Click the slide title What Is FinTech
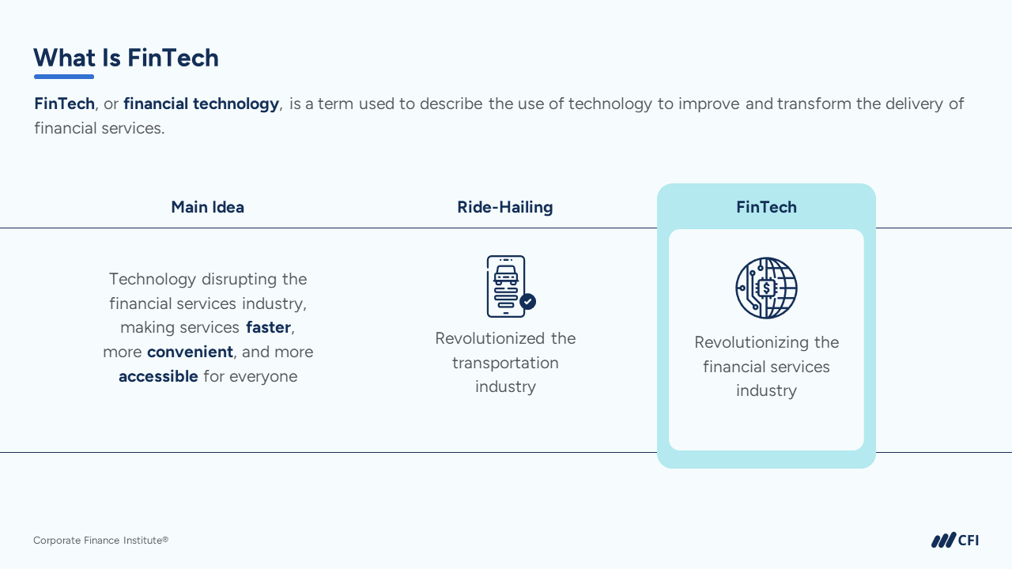coord(126,58)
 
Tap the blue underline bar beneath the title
coord(64,77)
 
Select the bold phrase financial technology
coord(201,104)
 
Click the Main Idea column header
coord(207,207)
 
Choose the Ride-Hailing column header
coord(505,207)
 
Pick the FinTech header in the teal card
coord(766,207)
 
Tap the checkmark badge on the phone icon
coord(527,301)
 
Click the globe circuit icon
coord(766,288)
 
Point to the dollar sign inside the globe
coord(766,288)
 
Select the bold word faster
coord(268,327)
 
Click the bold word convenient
coord(190,352)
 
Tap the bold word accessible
coord(158,376)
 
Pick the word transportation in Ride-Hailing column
coord(505,363)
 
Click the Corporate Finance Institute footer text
coord(100,540)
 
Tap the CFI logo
coord(954,540)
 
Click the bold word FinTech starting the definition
coord(64,104)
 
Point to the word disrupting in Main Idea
coord(240,279)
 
